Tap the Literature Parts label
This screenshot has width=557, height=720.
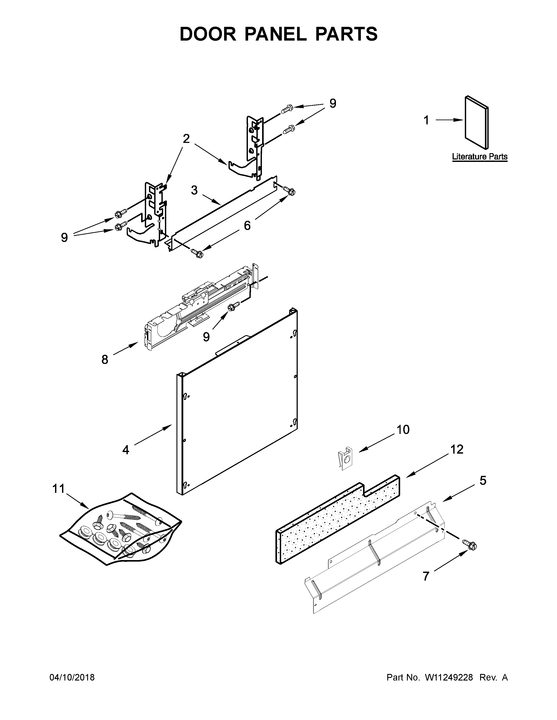[479, 157]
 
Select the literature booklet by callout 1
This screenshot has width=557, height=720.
[476, 123]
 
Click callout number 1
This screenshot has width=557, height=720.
[426, 120]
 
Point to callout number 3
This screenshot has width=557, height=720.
[194, 190]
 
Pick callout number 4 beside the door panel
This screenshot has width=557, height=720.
[126, 450]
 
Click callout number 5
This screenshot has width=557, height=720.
[483, 490]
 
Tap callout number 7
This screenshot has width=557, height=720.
[426, 576]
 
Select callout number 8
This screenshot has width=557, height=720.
[105, 360]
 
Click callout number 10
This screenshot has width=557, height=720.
[403, 430]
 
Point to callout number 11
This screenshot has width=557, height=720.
[59, 488]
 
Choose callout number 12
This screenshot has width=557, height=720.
[457, 449]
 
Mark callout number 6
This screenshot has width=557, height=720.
[247, 226]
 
